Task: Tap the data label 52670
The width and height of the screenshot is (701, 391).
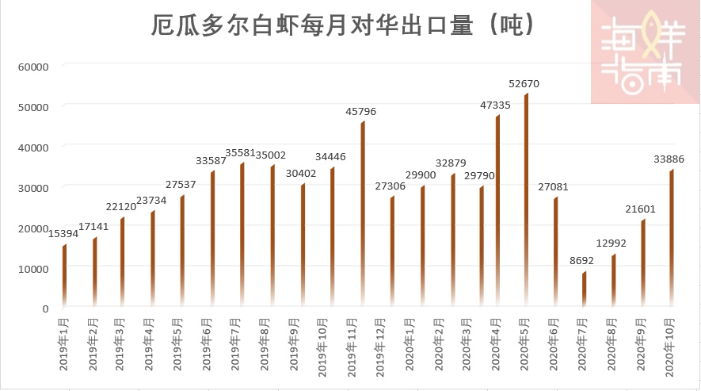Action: click(524, 83)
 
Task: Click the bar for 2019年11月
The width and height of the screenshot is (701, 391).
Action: click(363, 214)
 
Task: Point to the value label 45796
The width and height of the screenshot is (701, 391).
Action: click(360, 111)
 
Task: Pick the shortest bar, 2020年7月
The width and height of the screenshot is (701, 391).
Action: click(585, 289)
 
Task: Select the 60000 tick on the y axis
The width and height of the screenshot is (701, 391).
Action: click(33, 67)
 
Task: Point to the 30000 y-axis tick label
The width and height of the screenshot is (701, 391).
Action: click(33, 187)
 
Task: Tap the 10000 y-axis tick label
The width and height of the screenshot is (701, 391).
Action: click(33, 268)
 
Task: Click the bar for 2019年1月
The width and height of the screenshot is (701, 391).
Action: click(65, 276)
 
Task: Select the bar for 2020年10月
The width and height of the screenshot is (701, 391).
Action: click(671, 238)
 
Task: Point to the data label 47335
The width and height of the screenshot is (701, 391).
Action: click(495, 105)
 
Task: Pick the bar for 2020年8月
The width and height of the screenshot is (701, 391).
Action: click(613, 281)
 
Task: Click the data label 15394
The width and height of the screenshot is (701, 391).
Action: click(64, 234)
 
